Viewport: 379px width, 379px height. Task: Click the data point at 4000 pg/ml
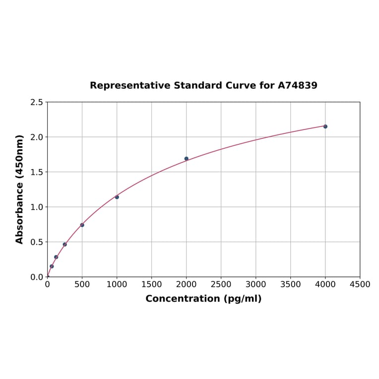pos(325,126)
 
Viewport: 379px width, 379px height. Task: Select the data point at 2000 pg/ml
pos(187,159)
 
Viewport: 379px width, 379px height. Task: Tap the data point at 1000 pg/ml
pos(117,197)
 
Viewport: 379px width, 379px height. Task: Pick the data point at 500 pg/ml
pos(82,225)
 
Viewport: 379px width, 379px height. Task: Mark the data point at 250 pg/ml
pos(65,245)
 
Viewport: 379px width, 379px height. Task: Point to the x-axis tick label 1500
pos(152,284)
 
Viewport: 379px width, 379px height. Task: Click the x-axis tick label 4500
pos(360,284)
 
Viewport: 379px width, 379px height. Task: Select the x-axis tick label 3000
pos(256,284)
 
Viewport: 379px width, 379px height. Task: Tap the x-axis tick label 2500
pos(221,284)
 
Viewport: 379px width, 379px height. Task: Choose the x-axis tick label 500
pos(82,284)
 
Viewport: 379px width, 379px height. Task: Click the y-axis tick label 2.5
pos(37,102)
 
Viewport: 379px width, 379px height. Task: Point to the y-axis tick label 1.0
pos(37,207)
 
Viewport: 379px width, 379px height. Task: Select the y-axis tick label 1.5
pos(37,172)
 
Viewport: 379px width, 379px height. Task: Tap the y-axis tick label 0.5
pos(37,242)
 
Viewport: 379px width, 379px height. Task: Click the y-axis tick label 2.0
pos(37,137)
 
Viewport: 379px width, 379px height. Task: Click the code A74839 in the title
pos(297,86)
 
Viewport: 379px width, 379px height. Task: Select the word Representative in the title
pos(130,86)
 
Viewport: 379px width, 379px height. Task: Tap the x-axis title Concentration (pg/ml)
pos(203,299)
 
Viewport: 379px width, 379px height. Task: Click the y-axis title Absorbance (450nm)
pos(20,189)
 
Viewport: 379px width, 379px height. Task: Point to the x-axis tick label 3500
pos(291,284)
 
